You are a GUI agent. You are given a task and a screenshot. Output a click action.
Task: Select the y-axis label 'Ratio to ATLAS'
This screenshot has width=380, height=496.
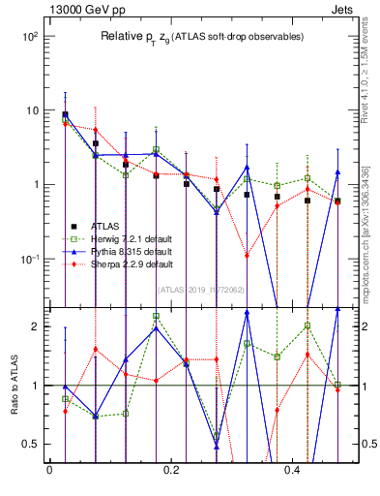(14, 385)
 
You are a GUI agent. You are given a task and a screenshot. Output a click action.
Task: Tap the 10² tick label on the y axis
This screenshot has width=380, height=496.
(29, 36)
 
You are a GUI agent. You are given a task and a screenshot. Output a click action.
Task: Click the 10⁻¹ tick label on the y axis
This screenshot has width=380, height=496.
(29, 260)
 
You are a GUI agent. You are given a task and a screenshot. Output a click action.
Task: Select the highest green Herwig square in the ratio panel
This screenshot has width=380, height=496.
(156, 316)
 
